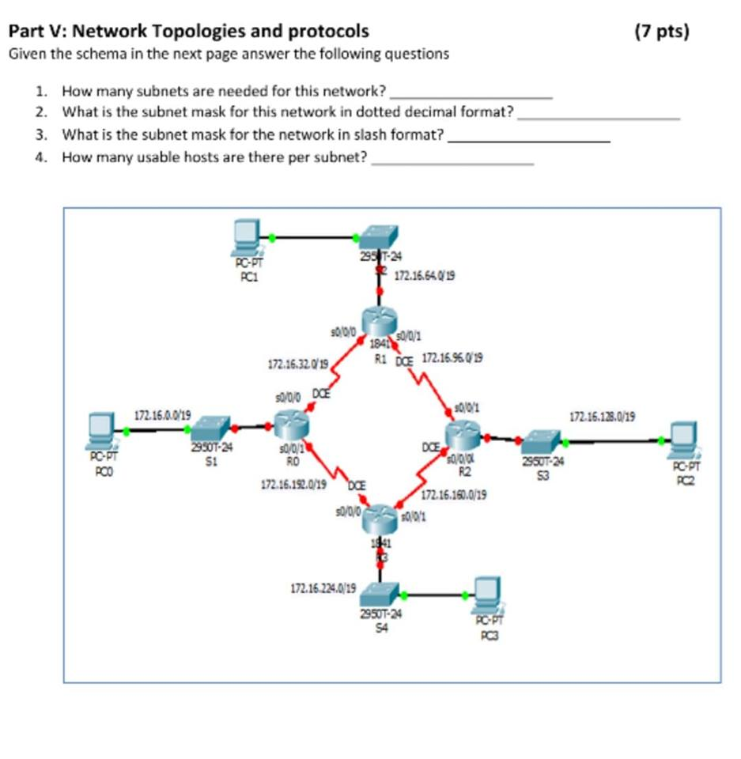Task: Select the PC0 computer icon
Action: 102,429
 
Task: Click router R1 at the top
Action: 379,323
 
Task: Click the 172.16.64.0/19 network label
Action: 425,277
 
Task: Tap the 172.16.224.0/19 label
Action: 323,588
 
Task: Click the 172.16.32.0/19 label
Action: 298,364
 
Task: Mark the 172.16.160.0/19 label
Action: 454,496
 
